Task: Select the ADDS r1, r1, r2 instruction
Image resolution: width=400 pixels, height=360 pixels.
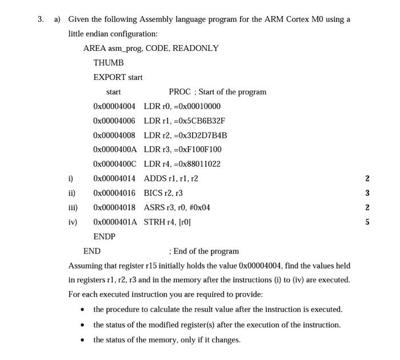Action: pyautogui.click(x=171, y=178)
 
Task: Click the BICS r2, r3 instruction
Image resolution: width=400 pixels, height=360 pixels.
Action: pyautogui.click(x=163, y=193)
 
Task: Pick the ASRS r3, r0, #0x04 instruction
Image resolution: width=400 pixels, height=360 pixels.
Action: pyautogui.click(x=177, y=207)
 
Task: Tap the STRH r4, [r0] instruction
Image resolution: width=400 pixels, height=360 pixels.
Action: pyautogui.click(x=167, y=222)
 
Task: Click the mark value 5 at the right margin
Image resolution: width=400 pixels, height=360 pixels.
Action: pyautogui.click(x=367, y=222)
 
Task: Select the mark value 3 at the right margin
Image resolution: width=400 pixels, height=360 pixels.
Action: pyautogui.click(x=367, y=193)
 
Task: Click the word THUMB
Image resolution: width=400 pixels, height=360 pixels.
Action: pyautogui.click(x=109, y=62)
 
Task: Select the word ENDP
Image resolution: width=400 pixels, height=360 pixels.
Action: pyautogui.click(x=105, y=237)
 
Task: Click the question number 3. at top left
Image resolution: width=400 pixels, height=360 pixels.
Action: pyautogui.click(x=41, y=19)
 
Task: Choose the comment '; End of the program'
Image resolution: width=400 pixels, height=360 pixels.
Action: pyautogui.click(x=204, y=251)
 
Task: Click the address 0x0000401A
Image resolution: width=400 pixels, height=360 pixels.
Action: pyautogui.click(x=115, y=222)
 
